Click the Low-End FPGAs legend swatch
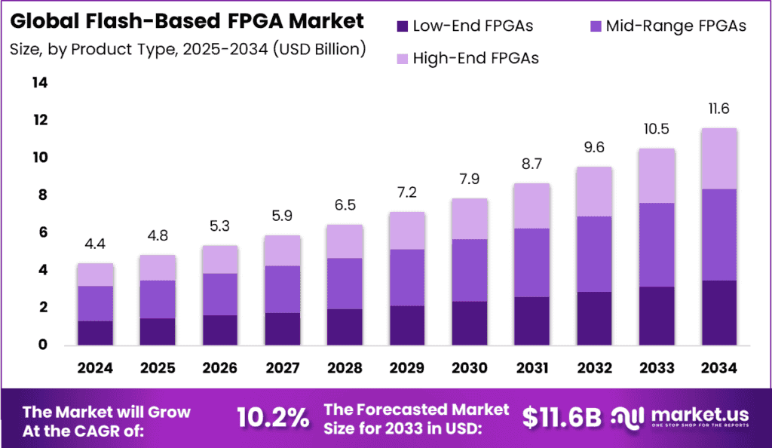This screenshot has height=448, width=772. pos(402,27)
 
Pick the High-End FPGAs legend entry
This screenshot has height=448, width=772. pos(476,58)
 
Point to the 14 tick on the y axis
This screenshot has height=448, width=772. pos(39,83)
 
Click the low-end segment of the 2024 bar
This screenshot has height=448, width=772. pos(95,333)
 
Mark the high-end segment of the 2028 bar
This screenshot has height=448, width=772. pos(344,241)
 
